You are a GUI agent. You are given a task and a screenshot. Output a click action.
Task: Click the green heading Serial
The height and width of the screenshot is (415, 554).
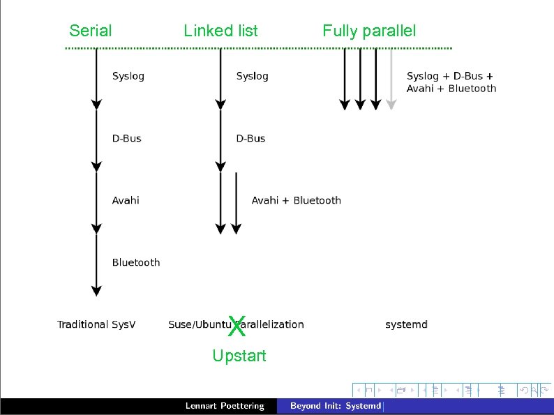pos(91,31)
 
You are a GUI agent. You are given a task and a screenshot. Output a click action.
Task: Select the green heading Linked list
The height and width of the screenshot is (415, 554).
pos(220,31)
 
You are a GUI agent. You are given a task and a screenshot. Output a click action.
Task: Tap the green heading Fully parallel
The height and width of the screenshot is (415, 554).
pos(368,31)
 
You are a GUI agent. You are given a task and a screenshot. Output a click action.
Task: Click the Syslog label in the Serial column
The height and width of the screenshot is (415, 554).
pos(128,76)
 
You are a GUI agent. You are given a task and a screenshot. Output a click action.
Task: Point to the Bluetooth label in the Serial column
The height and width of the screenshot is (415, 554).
pos(136,262)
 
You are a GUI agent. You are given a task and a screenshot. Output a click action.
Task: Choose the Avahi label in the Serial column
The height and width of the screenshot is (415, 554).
pos(126,200)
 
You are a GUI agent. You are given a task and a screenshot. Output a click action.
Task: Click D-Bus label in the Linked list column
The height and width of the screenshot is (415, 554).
pos(250,138)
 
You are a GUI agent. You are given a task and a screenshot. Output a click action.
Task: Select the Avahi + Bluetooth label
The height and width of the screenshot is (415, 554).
pos(296,200)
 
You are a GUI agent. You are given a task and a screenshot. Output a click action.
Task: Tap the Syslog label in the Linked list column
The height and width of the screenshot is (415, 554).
pos(252,76)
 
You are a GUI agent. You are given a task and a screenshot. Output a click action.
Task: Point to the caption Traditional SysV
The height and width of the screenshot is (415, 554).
pos(96,324)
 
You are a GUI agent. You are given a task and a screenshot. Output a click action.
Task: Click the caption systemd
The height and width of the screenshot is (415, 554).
pos(406,324)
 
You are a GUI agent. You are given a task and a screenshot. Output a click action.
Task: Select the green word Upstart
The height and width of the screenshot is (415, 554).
pos(239,356)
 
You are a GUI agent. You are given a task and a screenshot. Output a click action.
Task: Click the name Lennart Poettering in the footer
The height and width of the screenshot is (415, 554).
pos(225,406)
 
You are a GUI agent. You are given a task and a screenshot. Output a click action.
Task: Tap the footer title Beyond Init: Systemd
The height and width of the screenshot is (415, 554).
pos(336,406)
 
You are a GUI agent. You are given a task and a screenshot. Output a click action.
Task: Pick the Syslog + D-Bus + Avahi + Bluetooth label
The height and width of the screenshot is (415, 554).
pos(451,82)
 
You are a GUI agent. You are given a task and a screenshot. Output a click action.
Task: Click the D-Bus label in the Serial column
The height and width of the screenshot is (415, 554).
pos(126,138)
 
